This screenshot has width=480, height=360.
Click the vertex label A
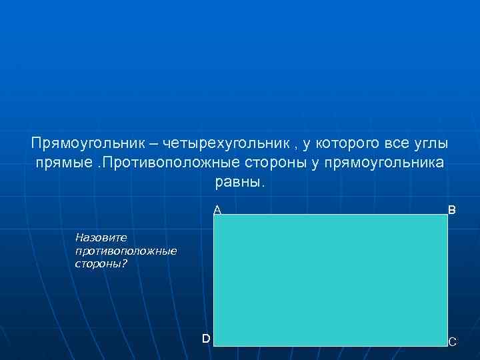(217, 210)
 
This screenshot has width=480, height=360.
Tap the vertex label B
(452, 210)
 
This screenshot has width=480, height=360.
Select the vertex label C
(453, 342)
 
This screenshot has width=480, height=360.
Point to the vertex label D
(207, 339)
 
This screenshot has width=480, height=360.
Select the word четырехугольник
(227, 144)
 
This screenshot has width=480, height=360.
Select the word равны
(240, 182)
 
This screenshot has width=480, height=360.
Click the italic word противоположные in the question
(126, 251)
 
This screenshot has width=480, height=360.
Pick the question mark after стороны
(125, 264)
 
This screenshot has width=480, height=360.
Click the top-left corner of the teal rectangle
(215, 215)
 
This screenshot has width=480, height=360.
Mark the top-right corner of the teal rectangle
(447, 215)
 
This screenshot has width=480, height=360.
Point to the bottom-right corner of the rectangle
(447, 345)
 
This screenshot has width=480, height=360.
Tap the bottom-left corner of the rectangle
(215, 345)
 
